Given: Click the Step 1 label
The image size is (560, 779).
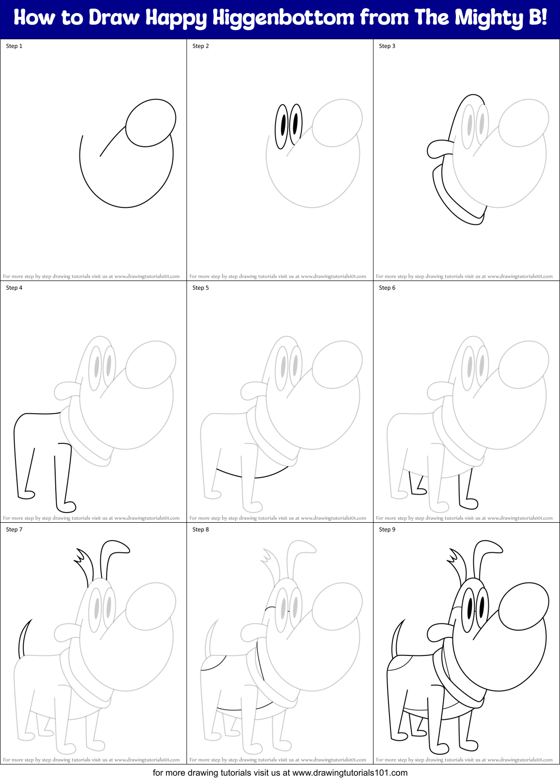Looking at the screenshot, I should tap(14, 46).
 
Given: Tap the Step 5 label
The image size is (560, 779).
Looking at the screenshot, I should tap(201, 288).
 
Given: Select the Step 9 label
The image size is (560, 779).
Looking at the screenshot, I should tap(387, 530).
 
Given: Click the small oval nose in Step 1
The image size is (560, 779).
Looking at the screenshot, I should tap(151, 123).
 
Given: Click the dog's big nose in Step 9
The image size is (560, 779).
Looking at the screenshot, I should tap(524, 606).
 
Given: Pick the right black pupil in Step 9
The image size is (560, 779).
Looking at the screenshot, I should tap(482, 607).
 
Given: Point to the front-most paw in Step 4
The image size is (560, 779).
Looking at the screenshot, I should tap(66, 506).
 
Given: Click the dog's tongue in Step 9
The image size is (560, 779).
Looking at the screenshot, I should tap(439, 632).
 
